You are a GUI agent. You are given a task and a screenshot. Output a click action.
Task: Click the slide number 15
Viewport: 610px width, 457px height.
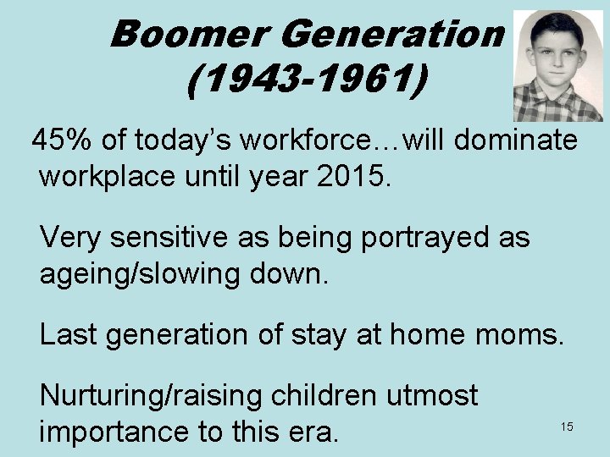pos(567,427)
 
